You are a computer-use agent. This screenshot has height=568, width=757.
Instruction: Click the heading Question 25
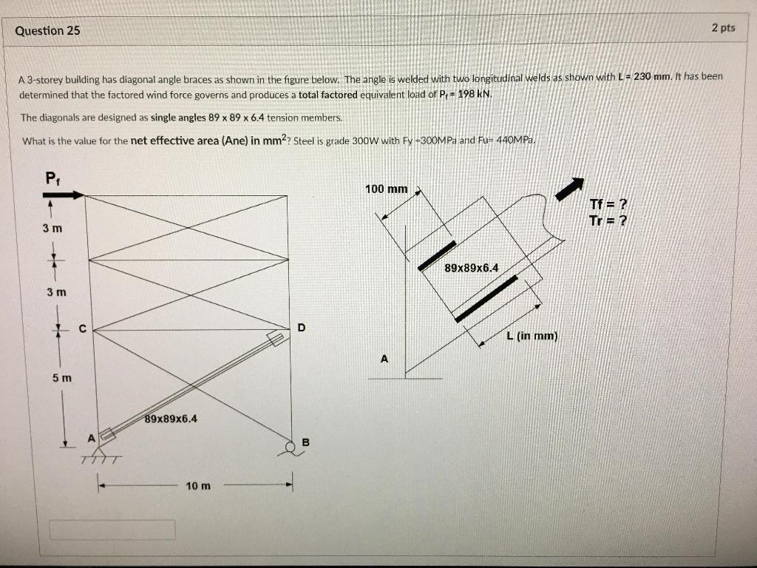tap(47, 31)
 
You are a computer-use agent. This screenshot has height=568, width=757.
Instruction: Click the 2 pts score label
tap(723, 28)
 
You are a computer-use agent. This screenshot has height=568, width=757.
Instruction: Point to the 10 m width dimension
tap(198, 486)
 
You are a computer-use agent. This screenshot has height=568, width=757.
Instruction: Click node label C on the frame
tap(83, 329)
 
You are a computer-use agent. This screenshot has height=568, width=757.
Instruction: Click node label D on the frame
tap(300, 327)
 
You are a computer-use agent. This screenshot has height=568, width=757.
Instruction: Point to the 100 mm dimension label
tap(386, 189)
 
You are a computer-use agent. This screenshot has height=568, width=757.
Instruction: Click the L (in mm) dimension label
tap(532, 337)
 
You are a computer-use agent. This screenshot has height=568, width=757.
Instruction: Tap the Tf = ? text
tap(608, 205)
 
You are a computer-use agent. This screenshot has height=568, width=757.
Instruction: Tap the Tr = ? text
tap(608, 220)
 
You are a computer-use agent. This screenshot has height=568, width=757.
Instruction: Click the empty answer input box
tap(112, 530)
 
